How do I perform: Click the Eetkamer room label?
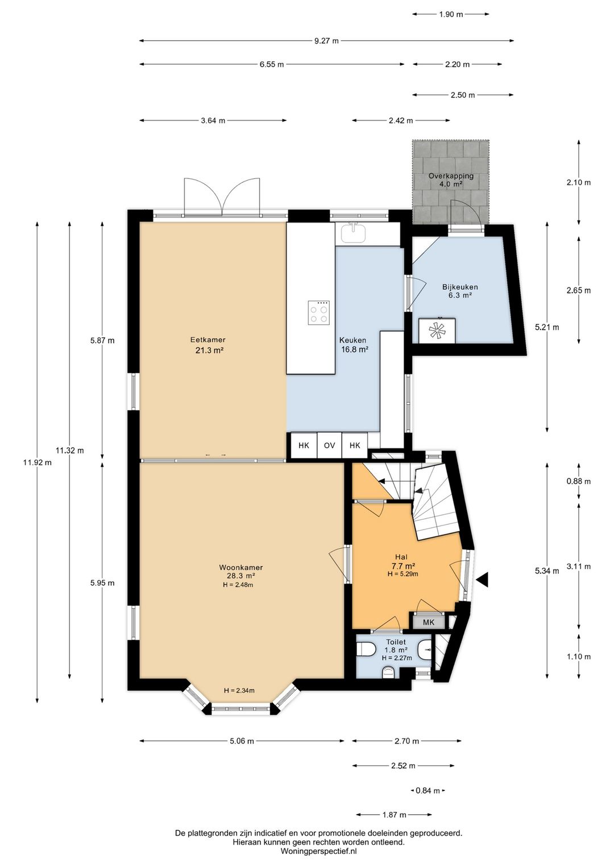coord(208,340)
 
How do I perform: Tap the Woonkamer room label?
coord(241,568)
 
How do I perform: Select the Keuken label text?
coord(352,340)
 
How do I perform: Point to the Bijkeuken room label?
coord(460,287)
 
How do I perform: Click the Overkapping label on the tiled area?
coord(451,176)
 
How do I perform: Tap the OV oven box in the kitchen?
coord(329,445)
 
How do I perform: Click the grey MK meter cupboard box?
coord(429,622)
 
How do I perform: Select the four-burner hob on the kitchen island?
coord(319,312)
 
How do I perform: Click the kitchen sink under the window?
coord(354,232)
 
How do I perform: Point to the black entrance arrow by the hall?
coord(482,580)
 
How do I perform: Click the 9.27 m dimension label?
coord(326,41)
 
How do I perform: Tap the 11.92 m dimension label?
coord(37,462)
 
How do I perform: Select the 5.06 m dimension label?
coord(242,741)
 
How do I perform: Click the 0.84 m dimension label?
coord(428,791)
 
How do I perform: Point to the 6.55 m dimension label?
coord(272,64)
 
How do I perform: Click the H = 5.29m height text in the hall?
coord(403,574)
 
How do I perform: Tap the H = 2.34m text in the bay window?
coord(239,690)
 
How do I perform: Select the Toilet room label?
coord(396,642)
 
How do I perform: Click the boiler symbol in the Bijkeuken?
coord(437,331)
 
